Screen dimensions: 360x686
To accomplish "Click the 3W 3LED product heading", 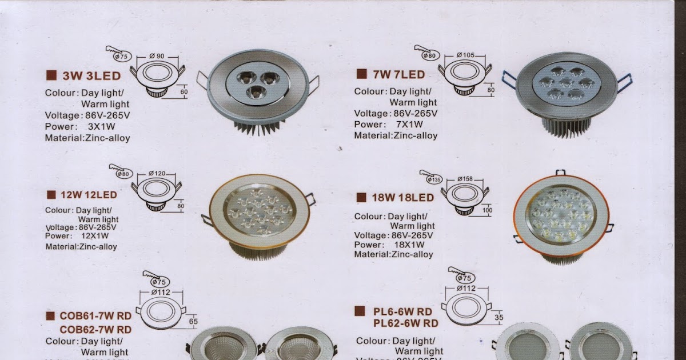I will pos(91,75).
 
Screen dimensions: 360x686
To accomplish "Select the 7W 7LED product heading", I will pos(398,74).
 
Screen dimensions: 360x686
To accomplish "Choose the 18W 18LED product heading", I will pos(402,198).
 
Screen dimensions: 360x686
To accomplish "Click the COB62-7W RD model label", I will pos(95,330).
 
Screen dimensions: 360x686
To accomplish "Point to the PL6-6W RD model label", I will pos(402,312).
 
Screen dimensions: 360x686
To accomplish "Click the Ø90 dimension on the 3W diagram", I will pos(157,56).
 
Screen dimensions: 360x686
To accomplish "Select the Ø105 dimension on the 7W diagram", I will pos(466,55).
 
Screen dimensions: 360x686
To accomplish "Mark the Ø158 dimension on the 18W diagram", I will pos(464,179).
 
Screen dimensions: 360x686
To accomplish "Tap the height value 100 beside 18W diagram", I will pos(486,211).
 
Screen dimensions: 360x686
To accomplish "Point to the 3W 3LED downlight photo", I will pos(257,91).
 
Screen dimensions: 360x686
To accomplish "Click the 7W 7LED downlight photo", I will pos(566,91).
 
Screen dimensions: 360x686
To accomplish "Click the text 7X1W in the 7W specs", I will pos(409,124).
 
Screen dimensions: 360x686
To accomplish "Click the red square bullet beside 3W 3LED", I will pos(51,75).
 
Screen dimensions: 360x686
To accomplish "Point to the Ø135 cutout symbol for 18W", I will pos(434,179).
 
